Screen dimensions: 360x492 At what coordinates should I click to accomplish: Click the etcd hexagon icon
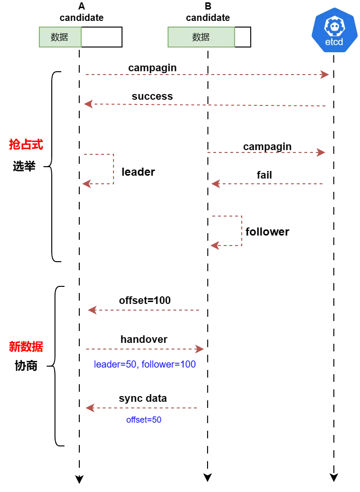coord(334,30)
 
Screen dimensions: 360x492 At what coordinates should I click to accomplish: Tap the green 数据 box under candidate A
coord(60,37)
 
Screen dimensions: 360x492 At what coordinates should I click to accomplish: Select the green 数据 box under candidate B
coord(201,37)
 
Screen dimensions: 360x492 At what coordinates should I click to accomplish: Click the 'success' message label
coord(152,96)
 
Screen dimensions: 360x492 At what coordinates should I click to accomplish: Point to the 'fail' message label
coord(264,175)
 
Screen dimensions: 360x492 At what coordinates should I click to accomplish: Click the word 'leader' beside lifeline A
coord(138,172)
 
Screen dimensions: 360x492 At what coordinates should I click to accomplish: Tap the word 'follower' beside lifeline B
coord(267,232)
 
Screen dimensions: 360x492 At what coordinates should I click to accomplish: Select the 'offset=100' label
coord(145,300)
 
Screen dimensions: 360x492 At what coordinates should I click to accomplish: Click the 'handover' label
coord(144,339)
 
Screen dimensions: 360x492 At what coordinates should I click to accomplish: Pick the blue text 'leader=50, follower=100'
coord(145,364)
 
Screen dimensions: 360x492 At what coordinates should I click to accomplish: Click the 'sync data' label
coord(143,398)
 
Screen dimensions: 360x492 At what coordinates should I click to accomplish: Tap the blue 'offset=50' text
coord(144,419)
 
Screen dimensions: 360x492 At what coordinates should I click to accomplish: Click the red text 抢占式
coord(26,144)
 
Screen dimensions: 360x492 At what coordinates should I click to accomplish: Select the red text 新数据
coord(26,346)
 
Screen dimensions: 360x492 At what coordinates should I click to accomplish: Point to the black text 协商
coord(26,366)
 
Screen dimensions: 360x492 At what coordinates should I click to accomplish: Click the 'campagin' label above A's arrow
coord(152,68)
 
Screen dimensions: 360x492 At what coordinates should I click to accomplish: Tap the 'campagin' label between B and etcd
coord(267,147)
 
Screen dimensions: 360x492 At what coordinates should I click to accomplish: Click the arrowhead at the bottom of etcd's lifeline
coord(334,478)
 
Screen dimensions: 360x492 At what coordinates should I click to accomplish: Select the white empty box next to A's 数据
coord(102,37)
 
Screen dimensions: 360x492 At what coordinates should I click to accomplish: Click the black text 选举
coord(24,166)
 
